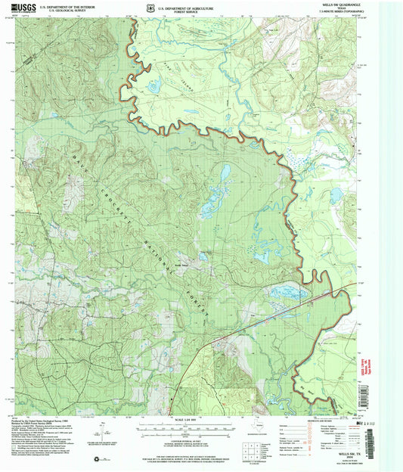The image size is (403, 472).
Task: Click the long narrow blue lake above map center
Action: [225, 175]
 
